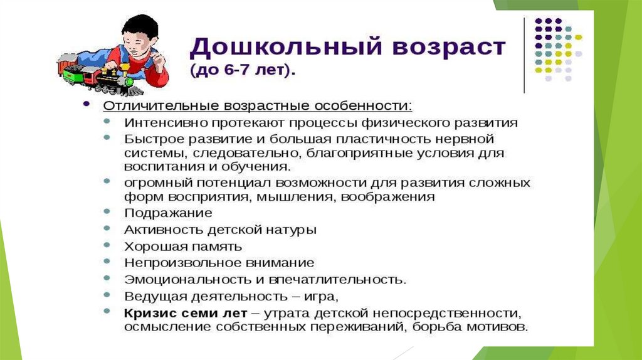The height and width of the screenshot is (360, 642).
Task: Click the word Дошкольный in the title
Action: [x=286, y=46]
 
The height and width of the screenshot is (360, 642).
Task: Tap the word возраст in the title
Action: [x=449, y=48]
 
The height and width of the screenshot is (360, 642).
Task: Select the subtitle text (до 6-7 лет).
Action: [x=243, y=70]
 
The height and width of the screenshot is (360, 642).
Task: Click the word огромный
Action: [x=157, y=183]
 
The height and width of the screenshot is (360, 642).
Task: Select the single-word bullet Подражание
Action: [x=168, y=213]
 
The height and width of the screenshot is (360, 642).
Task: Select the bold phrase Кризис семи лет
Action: [x=186, y=314]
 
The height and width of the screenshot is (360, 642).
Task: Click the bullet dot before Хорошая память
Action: [x=107, y=245]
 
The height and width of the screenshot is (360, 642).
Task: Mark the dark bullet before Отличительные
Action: [x=86, y=104]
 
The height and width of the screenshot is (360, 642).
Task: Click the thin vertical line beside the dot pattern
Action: [x=525, y=55]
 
